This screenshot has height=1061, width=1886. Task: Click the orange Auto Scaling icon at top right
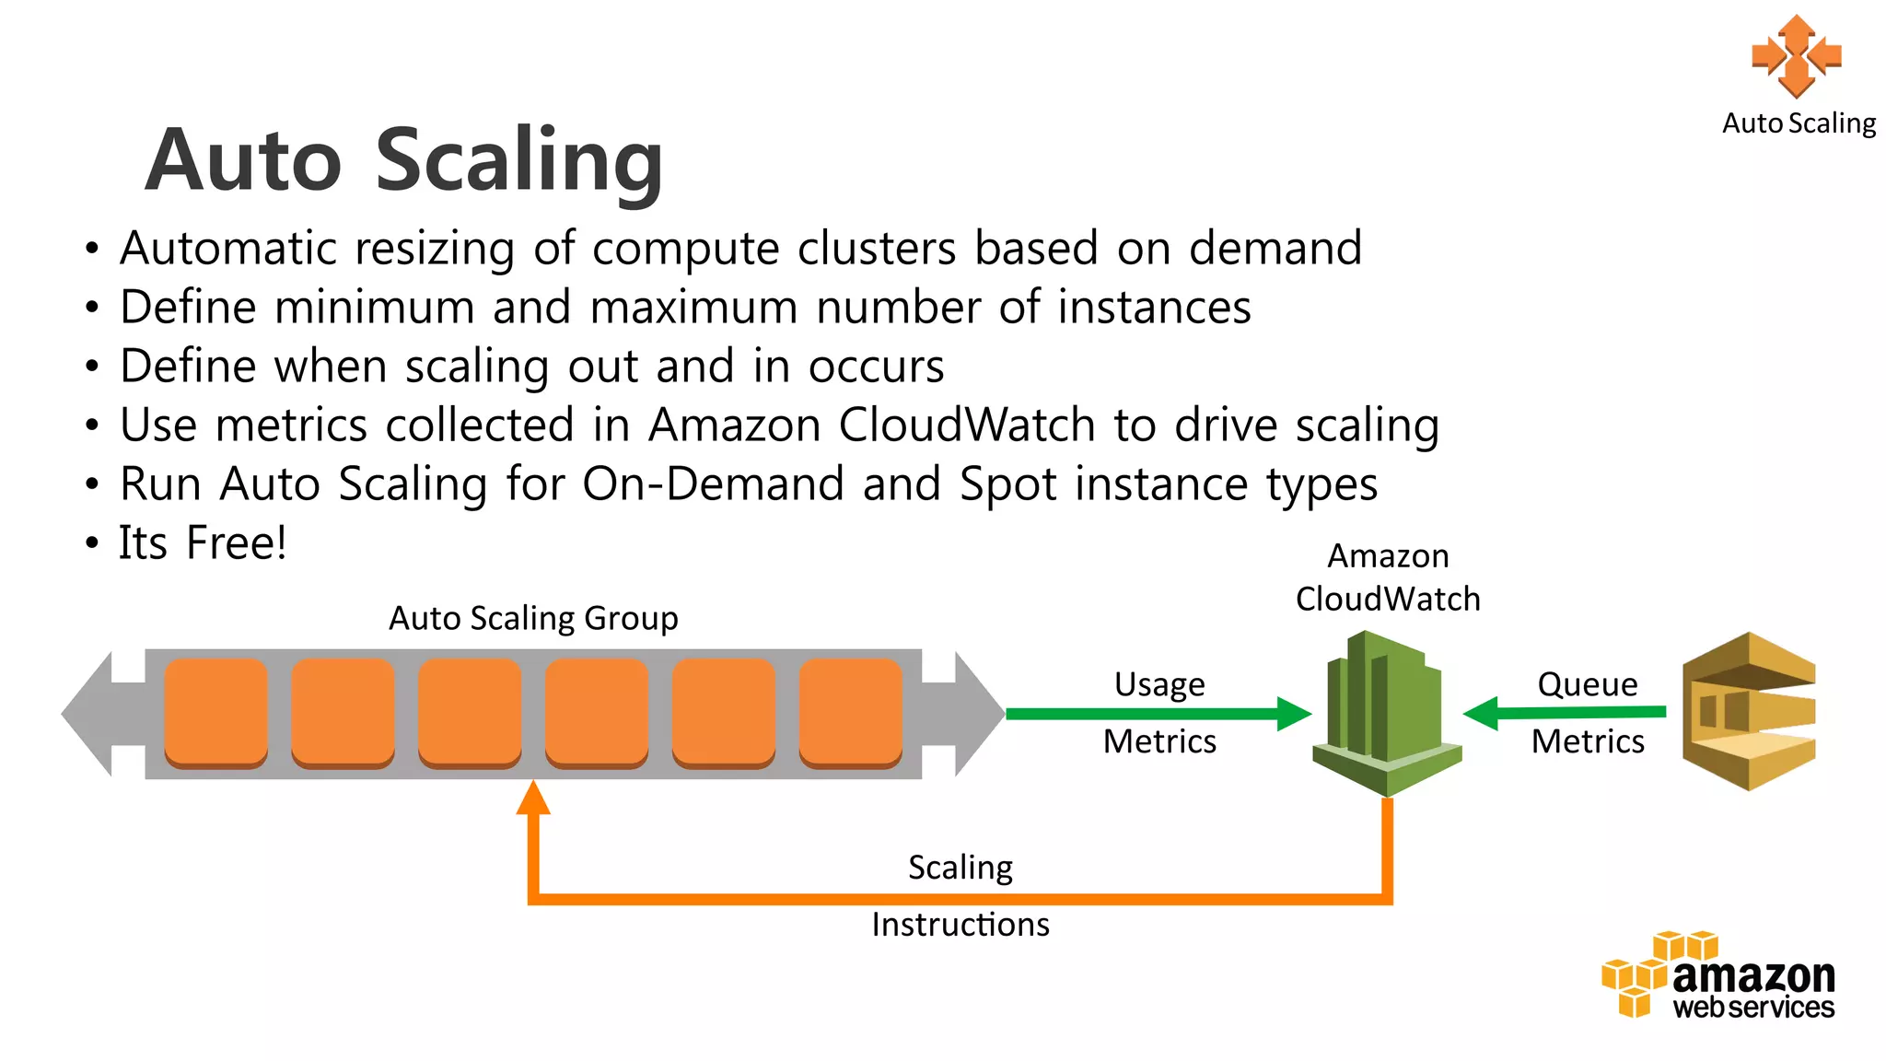click(x=1797, y=55)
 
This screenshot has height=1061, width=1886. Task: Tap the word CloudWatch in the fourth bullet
click(x=967, y=426)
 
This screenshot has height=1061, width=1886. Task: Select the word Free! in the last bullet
click(x=237, y=542)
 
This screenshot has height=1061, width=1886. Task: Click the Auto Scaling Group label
click(x=533, y=618)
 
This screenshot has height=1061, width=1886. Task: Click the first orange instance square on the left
click(x=216, y=712)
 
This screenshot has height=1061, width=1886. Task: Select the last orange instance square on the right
click(x=850, y=712)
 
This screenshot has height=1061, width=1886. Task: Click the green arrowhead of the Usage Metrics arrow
click(x=1294, y=714)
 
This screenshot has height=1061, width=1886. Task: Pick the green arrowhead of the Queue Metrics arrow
click(x=1481, y=713)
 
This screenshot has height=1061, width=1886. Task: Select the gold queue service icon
click(x=1748, y=711)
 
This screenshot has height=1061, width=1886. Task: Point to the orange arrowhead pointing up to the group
click(x=533, y=799)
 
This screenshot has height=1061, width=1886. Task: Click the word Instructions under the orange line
click(x=960, y=925)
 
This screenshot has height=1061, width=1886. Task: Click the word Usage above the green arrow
click(x=1159, y=684)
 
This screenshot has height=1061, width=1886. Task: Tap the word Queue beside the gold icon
click(x=1588, y=684)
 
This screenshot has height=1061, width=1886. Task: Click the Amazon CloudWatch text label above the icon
click(x=1388, y=577)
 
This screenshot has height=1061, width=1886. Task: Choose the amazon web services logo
click(x=1718, y=976)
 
